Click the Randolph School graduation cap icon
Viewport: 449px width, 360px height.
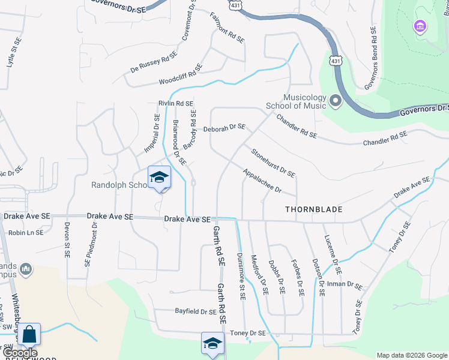point(159,178)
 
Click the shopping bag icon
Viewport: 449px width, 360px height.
point(29,334)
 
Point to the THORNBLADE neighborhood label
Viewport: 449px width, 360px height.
point(314,209)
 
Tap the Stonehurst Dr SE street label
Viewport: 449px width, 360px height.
point(273,163)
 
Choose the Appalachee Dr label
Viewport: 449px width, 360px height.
point(262,181)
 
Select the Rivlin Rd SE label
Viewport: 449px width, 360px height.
point(176,104)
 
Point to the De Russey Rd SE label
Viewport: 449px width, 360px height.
point(154,62)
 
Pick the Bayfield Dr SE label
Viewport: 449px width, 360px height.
point(196,311)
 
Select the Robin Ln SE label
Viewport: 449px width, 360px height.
point(26,232)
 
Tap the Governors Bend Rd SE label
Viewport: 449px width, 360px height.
point(369,59)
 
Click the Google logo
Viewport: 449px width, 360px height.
point(19,353)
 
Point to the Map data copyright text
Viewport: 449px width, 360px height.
point(412,355)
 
